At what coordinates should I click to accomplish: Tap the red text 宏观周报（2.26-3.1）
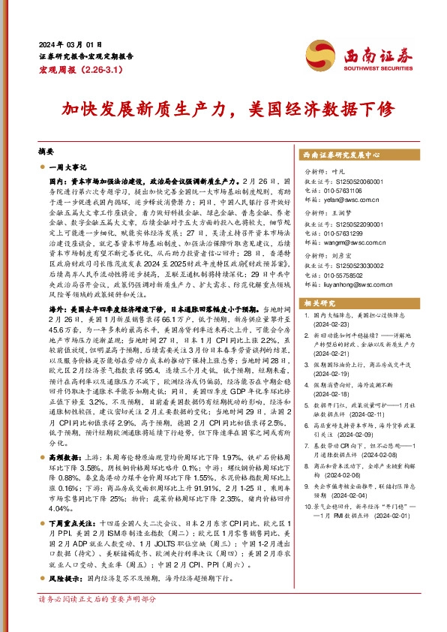[x=75, y=69]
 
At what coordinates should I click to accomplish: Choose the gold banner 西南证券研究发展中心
[x=340, y=155]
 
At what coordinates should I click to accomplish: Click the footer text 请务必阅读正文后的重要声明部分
[x=97, y=621]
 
